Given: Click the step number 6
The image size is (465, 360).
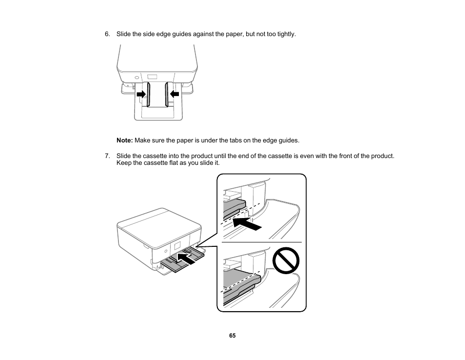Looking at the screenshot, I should pyautogui.click(x=107, y=34).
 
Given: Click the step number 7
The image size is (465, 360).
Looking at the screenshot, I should pyautogui.click(x=107, y=156).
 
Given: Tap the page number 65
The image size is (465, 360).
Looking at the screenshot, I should pyautogui.click(x=232, y=336).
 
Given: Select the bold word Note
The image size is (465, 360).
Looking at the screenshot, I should pyautogui.click(x=124, y=140).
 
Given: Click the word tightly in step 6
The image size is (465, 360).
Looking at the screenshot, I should pyautogui.click(x=286, y=34).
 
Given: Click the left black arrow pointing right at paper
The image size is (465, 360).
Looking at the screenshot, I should pyautogui.click(x=141, y=94).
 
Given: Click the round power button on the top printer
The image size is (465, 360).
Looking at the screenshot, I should pyautogui.click(x=123, y=77).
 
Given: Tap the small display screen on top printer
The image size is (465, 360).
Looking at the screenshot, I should pyautogui.click(x=153, y=77).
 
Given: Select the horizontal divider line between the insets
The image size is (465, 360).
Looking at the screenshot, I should pyautogui.click(x=262, y=242).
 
